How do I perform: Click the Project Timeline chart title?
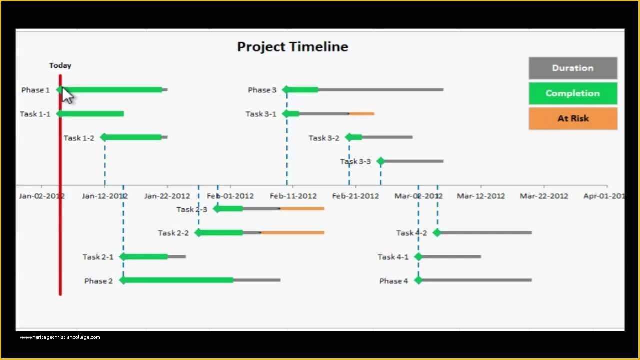click(292, 47)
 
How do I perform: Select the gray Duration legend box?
click(573, 68)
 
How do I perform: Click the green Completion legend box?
click(573, 93)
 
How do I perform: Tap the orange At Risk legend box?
click(573, 119)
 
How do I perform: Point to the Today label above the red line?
click(60, 65)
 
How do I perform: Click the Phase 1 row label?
click(35, 90)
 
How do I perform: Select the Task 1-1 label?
click(35, 114)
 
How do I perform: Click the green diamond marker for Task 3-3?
click(381, 161)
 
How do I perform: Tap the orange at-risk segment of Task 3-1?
click(362, 114)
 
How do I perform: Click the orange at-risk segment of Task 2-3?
click(302, 208)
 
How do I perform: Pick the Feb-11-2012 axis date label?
click(293, 196)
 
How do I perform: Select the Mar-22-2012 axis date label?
click(543, 196)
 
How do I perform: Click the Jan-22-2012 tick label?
click(167, 196)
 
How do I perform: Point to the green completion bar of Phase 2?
click(177, 280)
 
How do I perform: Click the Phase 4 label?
click(393, 281)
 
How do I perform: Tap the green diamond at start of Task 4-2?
click(437, 232)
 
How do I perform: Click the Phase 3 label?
click(262, 90)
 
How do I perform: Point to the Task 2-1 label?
click(98, 257)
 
